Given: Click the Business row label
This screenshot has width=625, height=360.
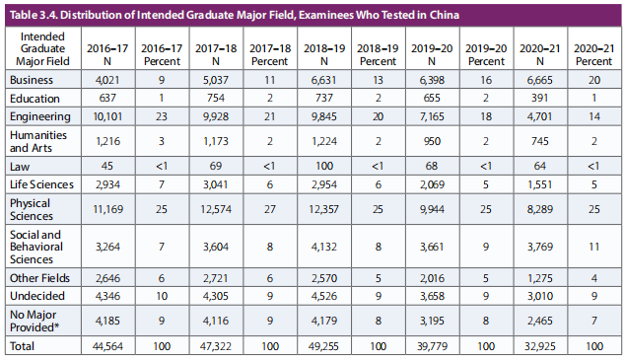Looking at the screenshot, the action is click(32, 80).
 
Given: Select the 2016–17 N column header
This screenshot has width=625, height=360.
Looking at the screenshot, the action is click(107, 54).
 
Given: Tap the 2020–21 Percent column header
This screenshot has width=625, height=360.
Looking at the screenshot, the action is click(593, 54).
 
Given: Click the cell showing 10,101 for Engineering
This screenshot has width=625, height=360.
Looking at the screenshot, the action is click(107, 116).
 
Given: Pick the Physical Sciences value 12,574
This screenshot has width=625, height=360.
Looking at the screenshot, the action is click(216, 209).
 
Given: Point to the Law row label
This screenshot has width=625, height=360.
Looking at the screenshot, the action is click(20, 167).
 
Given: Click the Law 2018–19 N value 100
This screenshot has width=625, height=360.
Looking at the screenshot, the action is click(324, 166).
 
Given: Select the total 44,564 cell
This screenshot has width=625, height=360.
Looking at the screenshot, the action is click(107, 346).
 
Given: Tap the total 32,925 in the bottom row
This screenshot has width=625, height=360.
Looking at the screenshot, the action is click(539, 346).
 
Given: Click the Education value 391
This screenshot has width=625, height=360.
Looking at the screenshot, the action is click(539, 98).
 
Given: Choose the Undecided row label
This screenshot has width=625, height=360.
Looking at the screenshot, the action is click(37, 296).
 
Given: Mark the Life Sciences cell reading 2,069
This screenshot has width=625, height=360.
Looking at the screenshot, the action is click(432, 184).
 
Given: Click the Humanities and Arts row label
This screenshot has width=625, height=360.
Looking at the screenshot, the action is click(38, 141).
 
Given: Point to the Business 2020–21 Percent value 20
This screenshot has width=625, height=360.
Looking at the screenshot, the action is click(593, 80).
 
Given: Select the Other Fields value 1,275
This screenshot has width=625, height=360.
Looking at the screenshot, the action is click(539, 278).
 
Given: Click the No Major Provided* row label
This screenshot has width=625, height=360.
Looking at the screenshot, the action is click(35, 321).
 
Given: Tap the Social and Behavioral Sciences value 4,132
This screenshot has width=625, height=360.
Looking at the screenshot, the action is click(324, 247).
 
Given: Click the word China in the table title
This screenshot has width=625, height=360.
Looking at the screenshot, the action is click(444, 15).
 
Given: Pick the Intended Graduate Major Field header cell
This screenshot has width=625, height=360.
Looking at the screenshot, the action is click(42, 48).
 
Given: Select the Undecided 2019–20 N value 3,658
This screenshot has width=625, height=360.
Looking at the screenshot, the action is click(432, 296).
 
